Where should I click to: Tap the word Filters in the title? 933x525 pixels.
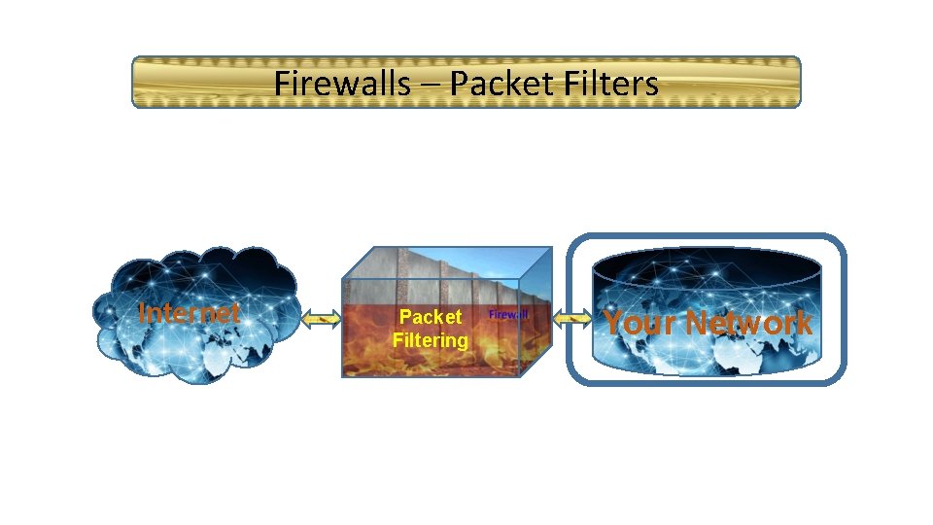609,84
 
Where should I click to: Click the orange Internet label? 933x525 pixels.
189,313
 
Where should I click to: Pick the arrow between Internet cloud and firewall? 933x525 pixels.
321,317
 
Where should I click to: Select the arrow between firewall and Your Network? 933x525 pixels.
572,317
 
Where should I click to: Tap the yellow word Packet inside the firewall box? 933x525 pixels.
431,318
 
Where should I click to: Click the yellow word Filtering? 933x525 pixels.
431,340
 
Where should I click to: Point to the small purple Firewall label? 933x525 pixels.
507,314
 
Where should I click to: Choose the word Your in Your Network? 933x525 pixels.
638,323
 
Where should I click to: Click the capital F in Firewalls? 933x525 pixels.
282,84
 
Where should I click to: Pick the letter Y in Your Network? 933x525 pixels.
614,323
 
